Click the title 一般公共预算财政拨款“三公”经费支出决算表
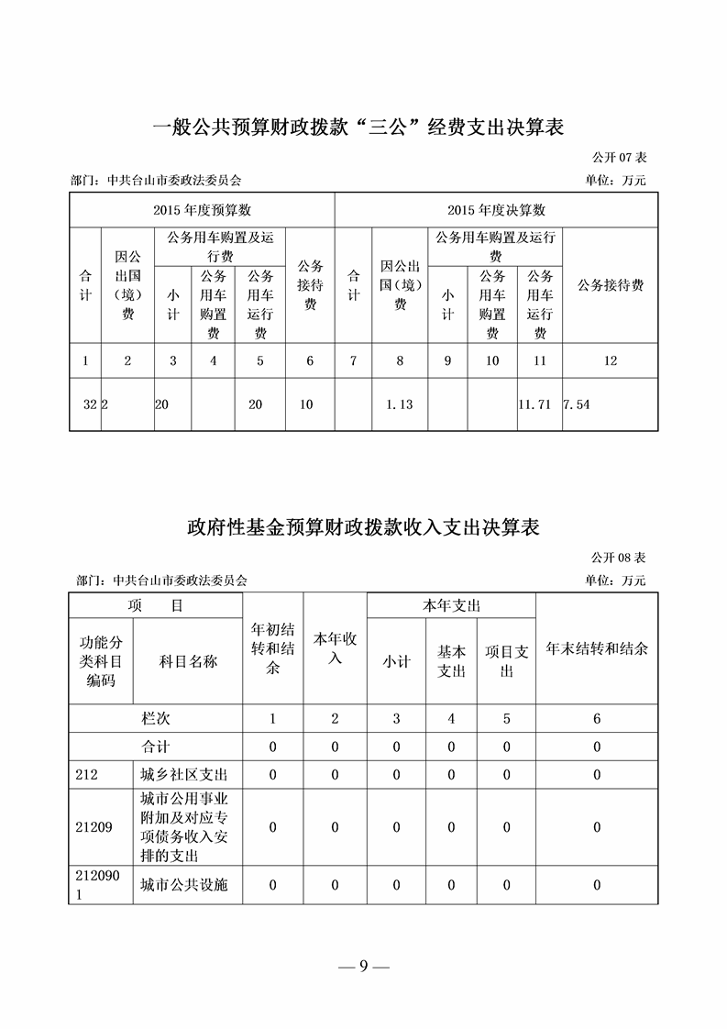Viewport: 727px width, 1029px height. tap(362, 127)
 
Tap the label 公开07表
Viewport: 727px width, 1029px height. tap(619, 158)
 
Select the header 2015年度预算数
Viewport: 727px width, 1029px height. tap(203, 210)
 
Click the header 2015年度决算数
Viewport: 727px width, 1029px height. tap(496, 210)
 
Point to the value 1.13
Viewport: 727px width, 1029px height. tap(400, 404)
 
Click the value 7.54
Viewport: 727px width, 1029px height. tap(577, 404)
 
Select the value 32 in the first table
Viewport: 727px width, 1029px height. tap(90, 404)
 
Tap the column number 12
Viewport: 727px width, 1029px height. tap(610, 361)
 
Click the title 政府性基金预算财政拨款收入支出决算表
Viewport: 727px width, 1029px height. tap(362, 527)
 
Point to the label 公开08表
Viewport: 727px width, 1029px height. tap(619, 558)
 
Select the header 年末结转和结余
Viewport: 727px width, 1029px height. tap(597, 648)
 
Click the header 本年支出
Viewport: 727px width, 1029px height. tap(451, 606)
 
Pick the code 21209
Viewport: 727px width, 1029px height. tap(94, 827)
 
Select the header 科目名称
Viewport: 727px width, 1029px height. tap(188, 660)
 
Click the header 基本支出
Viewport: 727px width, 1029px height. tap(451, 660)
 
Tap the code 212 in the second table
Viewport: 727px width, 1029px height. tap(87, 775)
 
